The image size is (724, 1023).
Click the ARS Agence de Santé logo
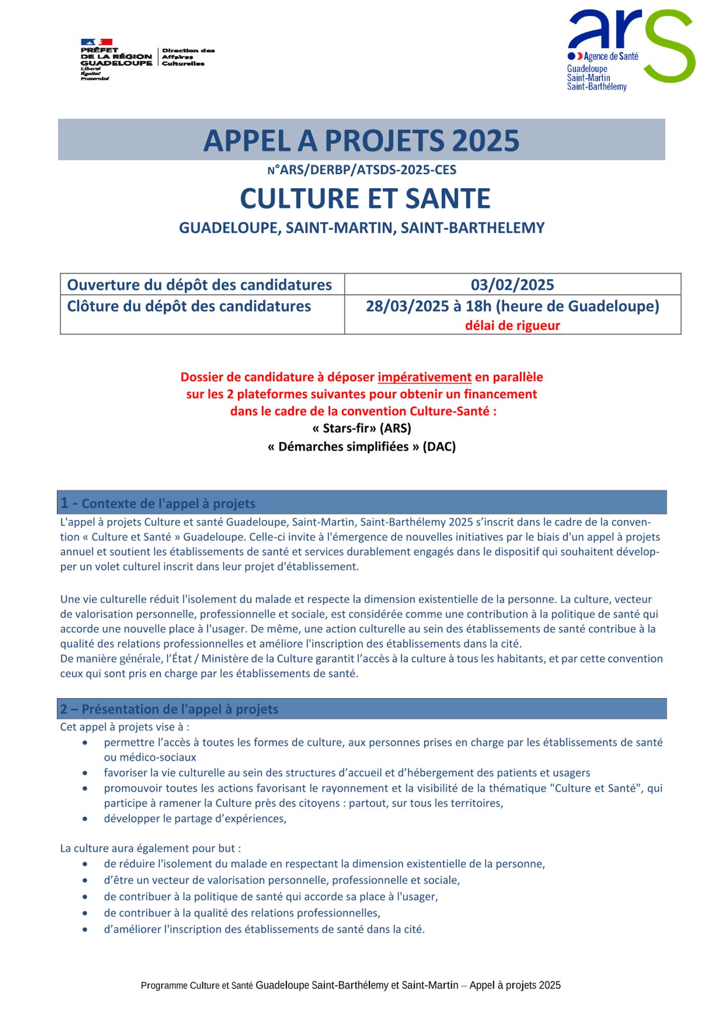click(x=630, y=50)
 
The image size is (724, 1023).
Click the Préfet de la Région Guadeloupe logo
click(x=147, y=59)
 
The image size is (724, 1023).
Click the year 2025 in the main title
click(x=486, y=141)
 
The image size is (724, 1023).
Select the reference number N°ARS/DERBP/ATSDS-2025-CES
click(x=362, y=170)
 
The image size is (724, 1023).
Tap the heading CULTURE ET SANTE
click(x=365, y=198)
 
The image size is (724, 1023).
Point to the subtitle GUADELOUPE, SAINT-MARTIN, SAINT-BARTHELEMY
click(x=362, y=228)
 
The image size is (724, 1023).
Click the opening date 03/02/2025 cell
click(x=512, y=284)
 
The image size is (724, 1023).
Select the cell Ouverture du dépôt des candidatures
click(x=200, y=284)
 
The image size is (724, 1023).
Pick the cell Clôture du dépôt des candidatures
click(x=189, y=306)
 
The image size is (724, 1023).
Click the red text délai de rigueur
click(x=512, y=325)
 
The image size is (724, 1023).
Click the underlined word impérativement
click(x=424, y=377)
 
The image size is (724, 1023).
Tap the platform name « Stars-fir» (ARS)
click(x=362, y=428)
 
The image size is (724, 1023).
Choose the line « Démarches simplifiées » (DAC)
click(x=362, y=447)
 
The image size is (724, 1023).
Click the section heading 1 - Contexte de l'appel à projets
click(x=158, y=503)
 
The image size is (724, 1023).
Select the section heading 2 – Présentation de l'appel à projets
click(x=169, y=709)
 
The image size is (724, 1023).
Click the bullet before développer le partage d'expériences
click(x=85, y=819)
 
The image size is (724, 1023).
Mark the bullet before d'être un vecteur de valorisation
click(x=85, y=880)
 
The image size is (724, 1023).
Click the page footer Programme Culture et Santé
click(x=350, y=985)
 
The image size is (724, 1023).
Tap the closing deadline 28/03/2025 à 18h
click(x=512, y=306)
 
